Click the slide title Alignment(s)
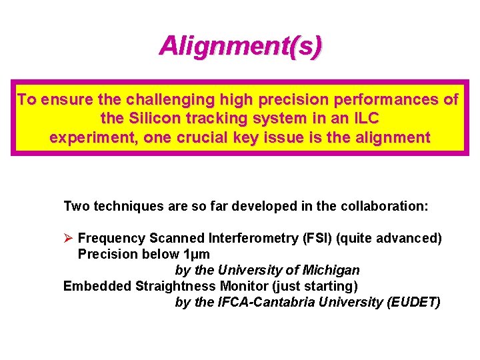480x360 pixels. [240, 46]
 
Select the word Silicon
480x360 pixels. [158, 119]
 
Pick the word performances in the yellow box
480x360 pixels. [374, 101]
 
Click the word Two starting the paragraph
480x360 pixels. [77, 206]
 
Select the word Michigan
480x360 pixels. [331, 270]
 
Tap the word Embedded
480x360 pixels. [97, 286]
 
